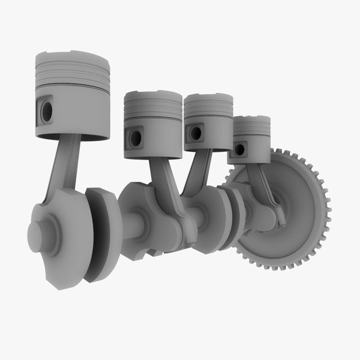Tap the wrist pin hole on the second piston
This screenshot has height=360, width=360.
click(136, 138)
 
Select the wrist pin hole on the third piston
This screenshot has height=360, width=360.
click(195, 132)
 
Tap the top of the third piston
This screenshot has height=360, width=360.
click(208, 97)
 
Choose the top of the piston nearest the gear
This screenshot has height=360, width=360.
click(251, 119)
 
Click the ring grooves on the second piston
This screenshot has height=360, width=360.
click(153, 111)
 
